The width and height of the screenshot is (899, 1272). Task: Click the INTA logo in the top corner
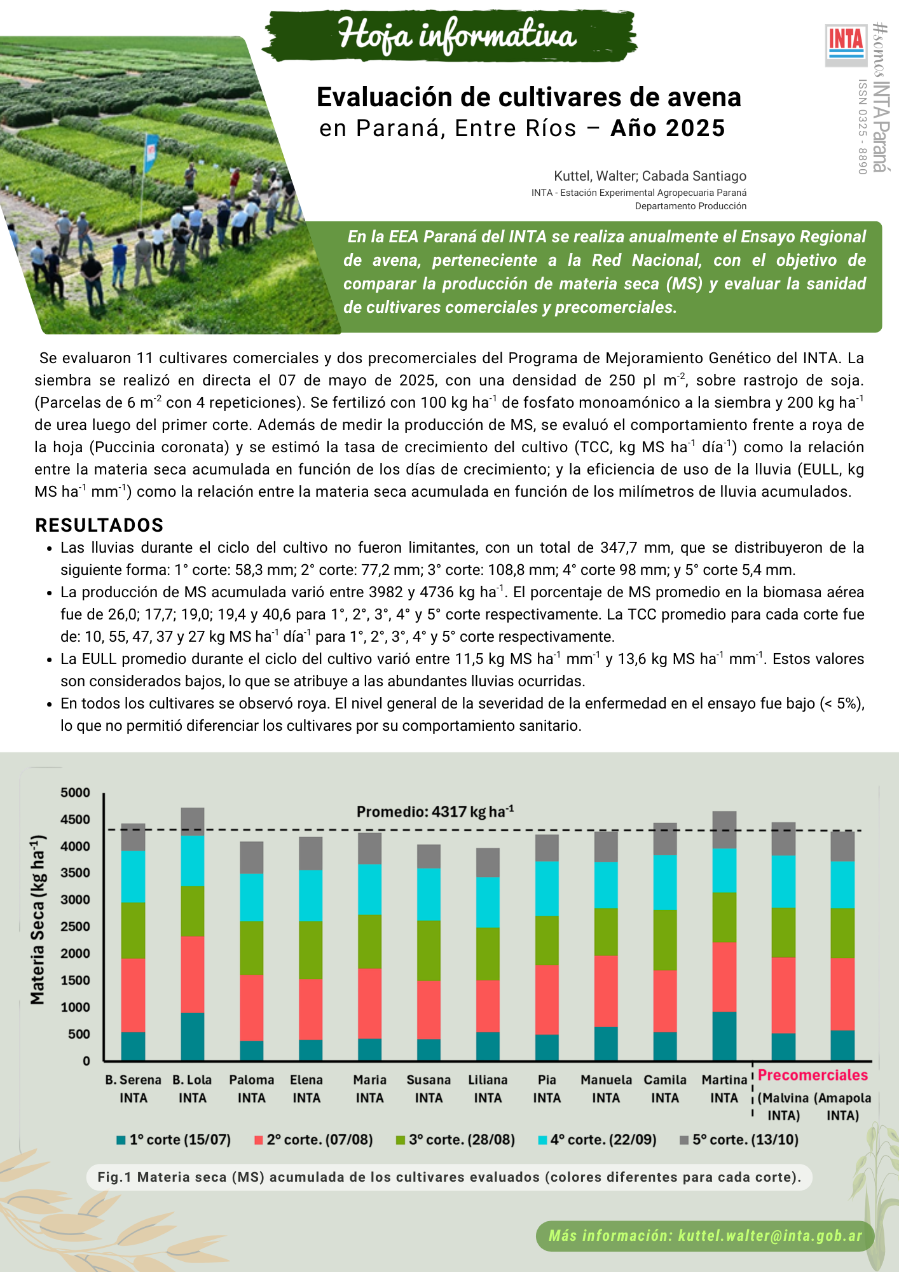846,45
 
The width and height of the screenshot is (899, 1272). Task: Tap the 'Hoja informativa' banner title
456,36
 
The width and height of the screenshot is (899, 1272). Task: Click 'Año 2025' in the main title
668,128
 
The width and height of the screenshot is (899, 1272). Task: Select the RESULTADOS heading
100,525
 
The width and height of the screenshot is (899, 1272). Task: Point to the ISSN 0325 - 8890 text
862,127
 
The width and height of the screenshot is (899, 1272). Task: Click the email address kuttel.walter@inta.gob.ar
770,1236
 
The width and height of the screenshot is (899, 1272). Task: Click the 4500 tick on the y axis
76,820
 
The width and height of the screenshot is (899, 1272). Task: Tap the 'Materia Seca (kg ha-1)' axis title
38,920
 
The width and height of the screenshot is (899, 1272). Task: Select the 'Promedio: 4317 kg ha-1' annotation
435,812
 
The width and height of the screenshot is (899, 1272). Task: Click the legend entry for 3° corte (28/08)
455,1140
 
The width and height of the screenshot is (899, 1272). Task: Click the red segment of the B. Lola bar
193,974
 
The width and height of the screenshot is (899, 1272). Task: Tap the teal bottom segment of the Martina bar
724,1036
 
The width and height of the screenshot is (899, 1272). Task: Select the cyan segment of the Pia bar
547,888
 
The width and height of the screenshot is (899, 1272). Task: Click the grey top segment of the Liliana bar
488,862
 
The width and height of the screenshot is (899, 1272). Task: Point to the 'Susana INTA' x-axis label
429,1089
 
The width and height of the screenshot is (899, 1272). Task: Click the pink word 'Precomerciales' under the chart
813,1075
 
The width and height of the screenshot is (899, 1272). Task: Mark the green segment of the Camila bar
665,940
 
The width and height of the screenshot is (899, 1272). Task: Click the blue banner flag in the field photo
151,151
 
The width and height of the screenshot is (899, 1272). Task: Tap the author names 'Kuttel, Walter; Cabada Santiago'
650,176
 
